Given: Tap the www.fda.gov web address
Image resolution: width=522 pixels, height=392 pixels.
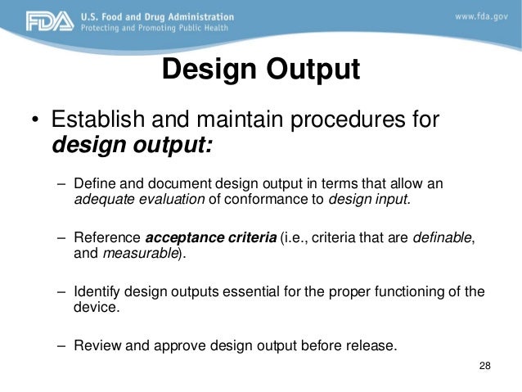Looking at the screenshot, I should click(479, 16).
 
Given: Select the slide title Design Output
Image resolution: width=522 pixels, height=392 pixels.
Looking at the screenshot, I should click(260, 70).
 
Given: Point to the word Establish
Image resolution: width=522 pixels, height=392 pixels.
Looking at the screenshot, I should click(92, 122).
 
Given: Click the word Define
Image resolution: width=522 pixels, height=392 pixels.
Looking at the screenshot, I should click(92, 182).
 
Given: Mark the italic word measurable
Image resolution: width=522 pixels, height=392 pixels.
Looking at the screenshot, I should click(138, 253).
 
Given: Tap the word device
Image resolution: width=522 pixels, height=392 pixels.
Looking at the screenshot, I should click(96, 309).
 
